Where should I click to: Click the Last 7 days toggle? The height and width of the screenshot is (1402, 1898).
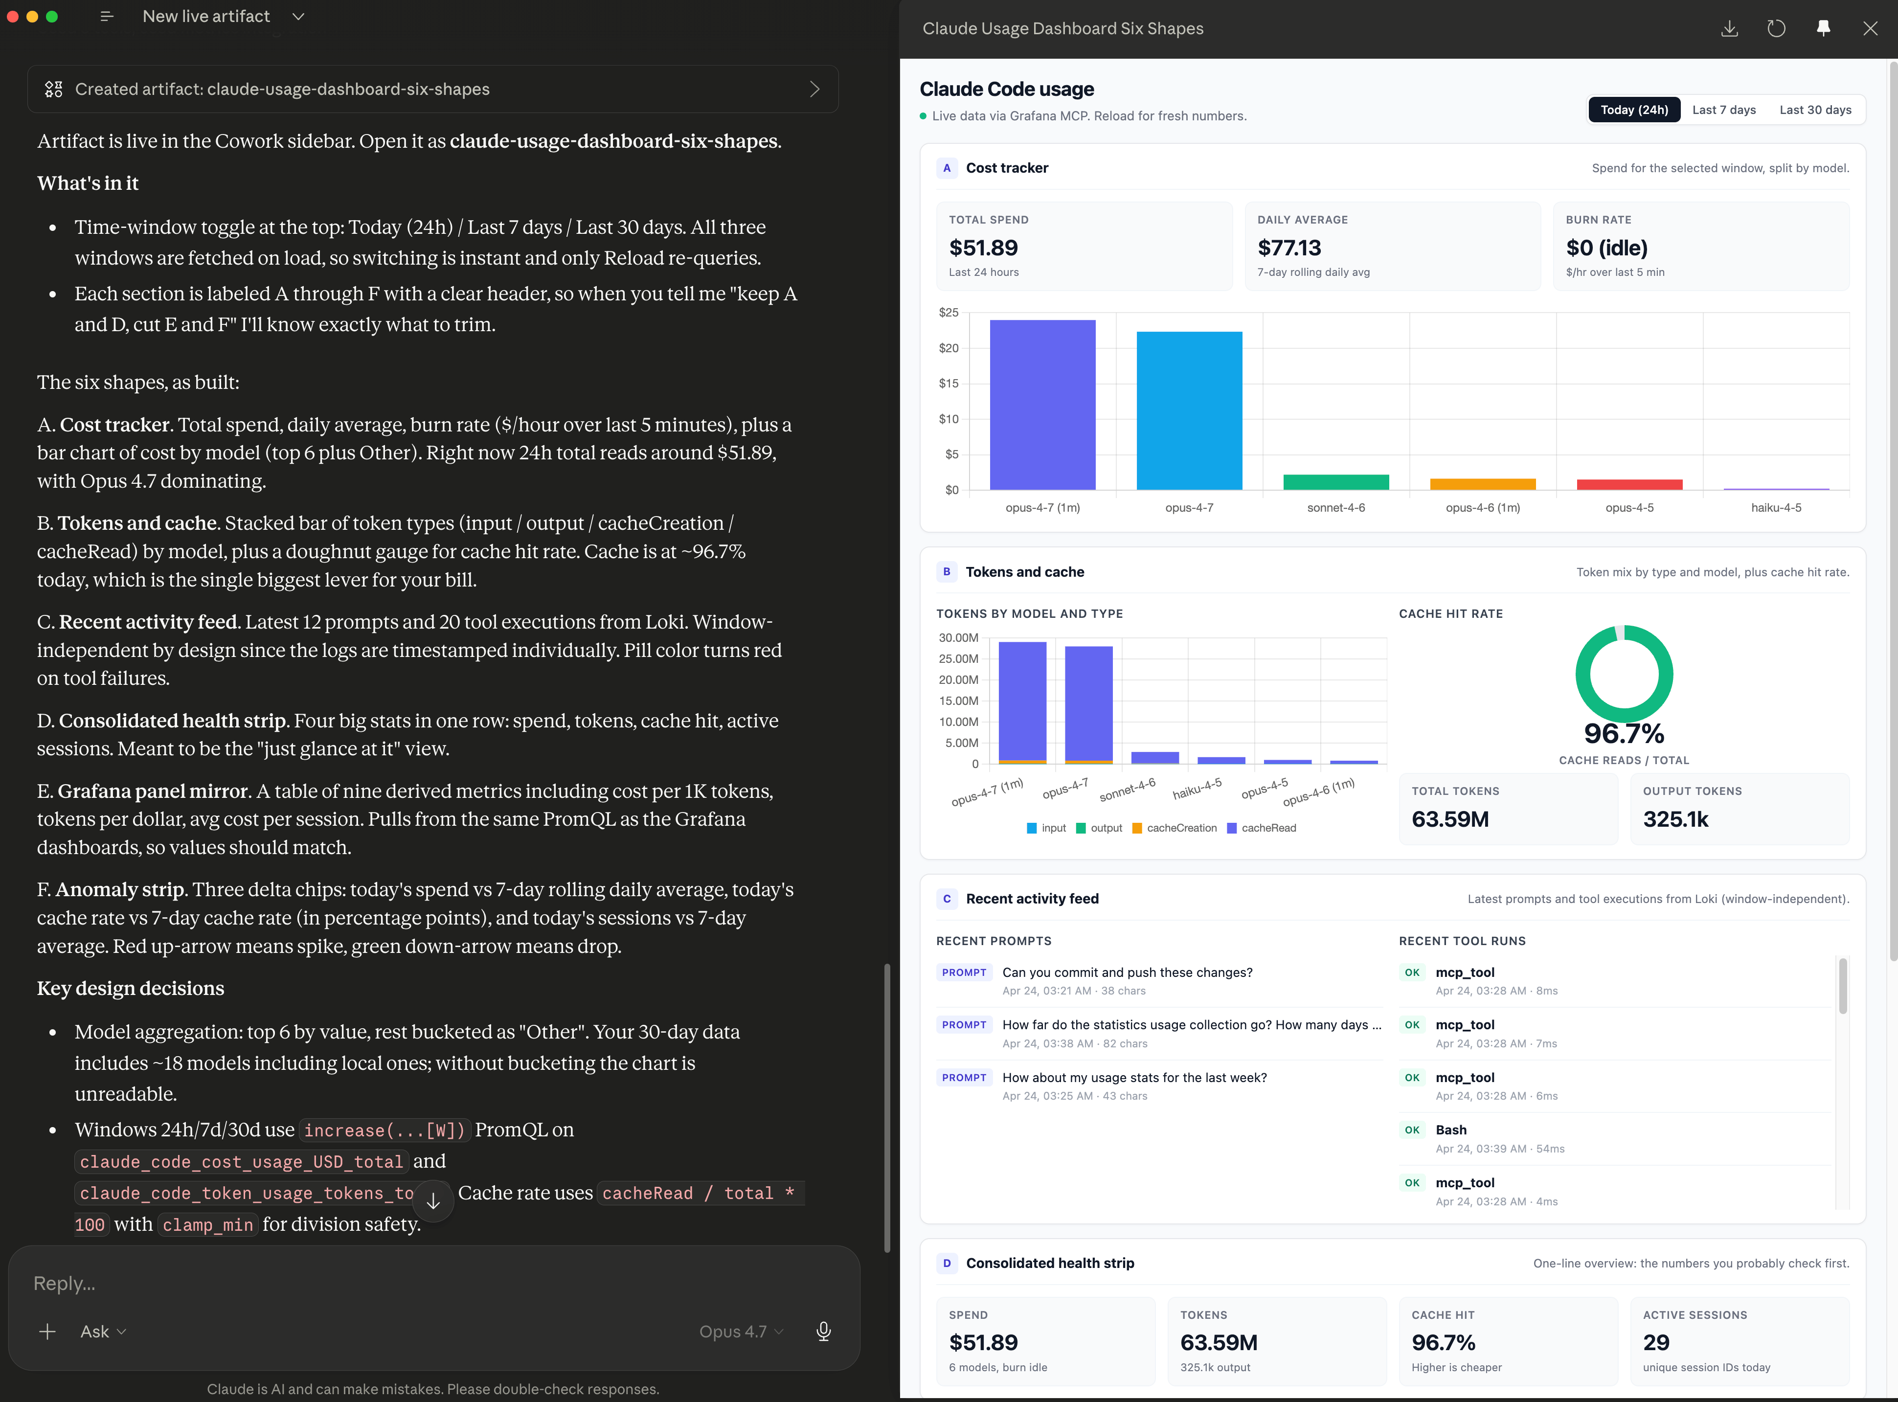(1723, 110)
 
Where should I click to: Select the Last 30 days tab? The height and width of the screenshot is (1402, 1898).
(1815, 110)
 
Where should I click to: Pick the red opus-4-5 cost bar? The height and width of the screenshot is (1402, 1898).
(1629, 485)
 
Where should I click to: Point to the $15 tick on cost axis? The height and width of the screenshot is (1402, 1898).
(949, 384)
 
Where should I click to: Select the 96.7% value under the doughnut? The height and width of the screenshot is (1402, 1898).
(1624, 733)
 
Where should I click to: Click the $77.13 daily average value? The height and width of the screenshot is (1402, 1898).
(1289, 248)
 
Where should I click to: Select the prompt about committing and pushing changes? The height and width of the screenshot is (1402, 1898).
(1127, 972)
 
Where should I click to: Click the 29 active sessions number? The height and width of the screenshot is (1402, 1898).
(1655, 1343)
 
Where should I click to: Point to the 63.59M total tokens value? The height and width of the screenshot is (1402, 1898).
(1450, 819)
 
